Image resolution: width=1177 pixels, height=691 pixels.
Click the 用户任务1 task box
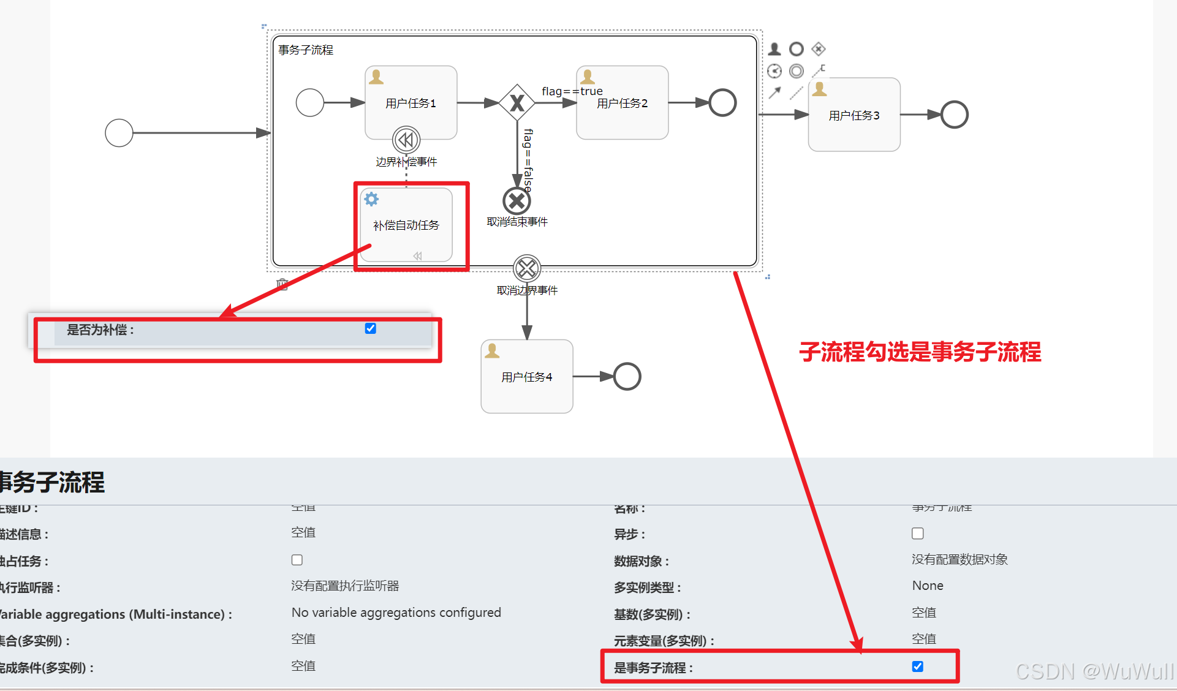[411, 98]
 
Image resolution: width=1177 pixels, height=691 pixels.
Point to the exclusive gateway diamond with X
[517, 103]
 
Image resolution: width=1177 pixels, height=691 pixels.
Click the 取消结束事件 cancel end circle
[517, 200]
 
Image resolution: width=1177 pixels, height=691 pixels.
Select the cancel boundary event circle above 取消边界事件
[527, 268]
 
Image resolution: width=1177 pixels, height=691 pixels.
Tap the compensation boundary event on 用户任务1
[406, 140]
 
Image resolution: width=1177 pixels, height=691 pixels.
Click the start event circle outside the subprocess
[119, 133]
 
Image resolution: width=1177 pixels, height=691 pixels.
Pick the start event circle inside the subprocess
[309, 102]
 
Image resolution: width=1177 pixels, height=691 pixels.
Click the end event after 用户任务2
[722, 102]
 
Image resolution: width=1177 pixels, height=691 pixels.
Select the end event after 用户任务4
[627, 376]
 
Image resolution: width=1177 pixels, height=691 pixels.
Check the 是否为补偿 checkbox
[371, 328]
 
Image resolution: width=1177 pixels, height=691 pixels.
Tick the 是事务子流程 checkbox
[917, 666]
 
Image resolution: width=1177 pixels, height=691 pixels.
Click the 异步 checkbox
[917, 534]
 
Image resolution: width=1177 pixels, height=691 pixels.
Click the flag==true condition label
[572, 91]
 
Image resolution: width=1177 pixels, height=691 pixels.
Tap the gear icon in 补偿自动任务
[371, 199]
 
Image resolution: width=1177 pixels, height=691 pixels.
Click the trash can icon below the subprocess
[282, 284]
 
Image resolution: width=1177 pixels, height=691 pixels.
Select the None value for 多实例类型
[928, 586]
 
